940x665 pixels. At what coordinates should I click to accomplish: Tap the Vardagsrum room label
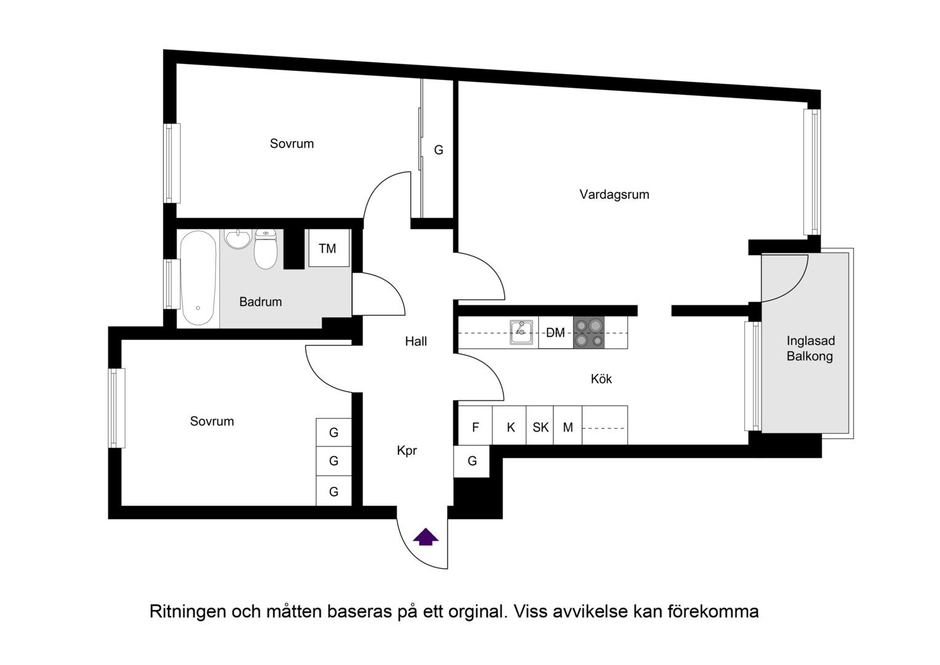(x=615, y=195)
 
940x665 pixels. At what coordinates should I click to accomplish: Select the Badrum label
(x=260, y=302)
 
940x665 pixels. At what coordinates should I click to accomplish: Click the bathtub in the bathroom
(x=198, y=278)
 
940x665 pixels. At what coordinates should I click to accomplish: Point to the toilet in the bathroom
(x=266, y=249)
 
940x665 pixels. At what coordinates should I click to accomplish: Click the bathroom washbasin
(x=238, y=239)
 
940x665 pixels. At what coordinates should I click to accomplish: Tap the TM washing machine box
(x=329, y=248)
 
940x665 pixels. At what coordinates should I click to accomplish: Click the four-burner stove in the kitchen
(x=589, y=332)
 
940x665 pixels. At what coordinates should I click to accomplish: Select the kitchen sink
(x=521, y=332)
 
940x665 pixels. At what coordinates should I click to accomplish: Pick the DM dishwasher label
(x=555, y=333)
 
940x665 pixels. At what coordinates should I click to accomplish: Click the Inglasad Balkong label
(x=810, y=349)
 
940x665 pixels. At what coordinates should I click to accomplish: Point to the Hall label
(x=416, y=341)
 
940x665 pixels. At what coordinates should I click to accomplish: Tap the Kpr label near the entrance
(x=407, y=451)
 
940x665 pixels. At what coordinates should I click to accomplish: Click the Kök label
(x=601, y=379)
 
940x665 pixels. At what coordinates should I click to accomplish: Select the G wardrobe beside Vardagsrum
(x=438, y=150)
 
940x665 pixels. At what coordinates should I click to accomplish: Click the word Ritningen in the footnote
(x=188, y=611)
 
